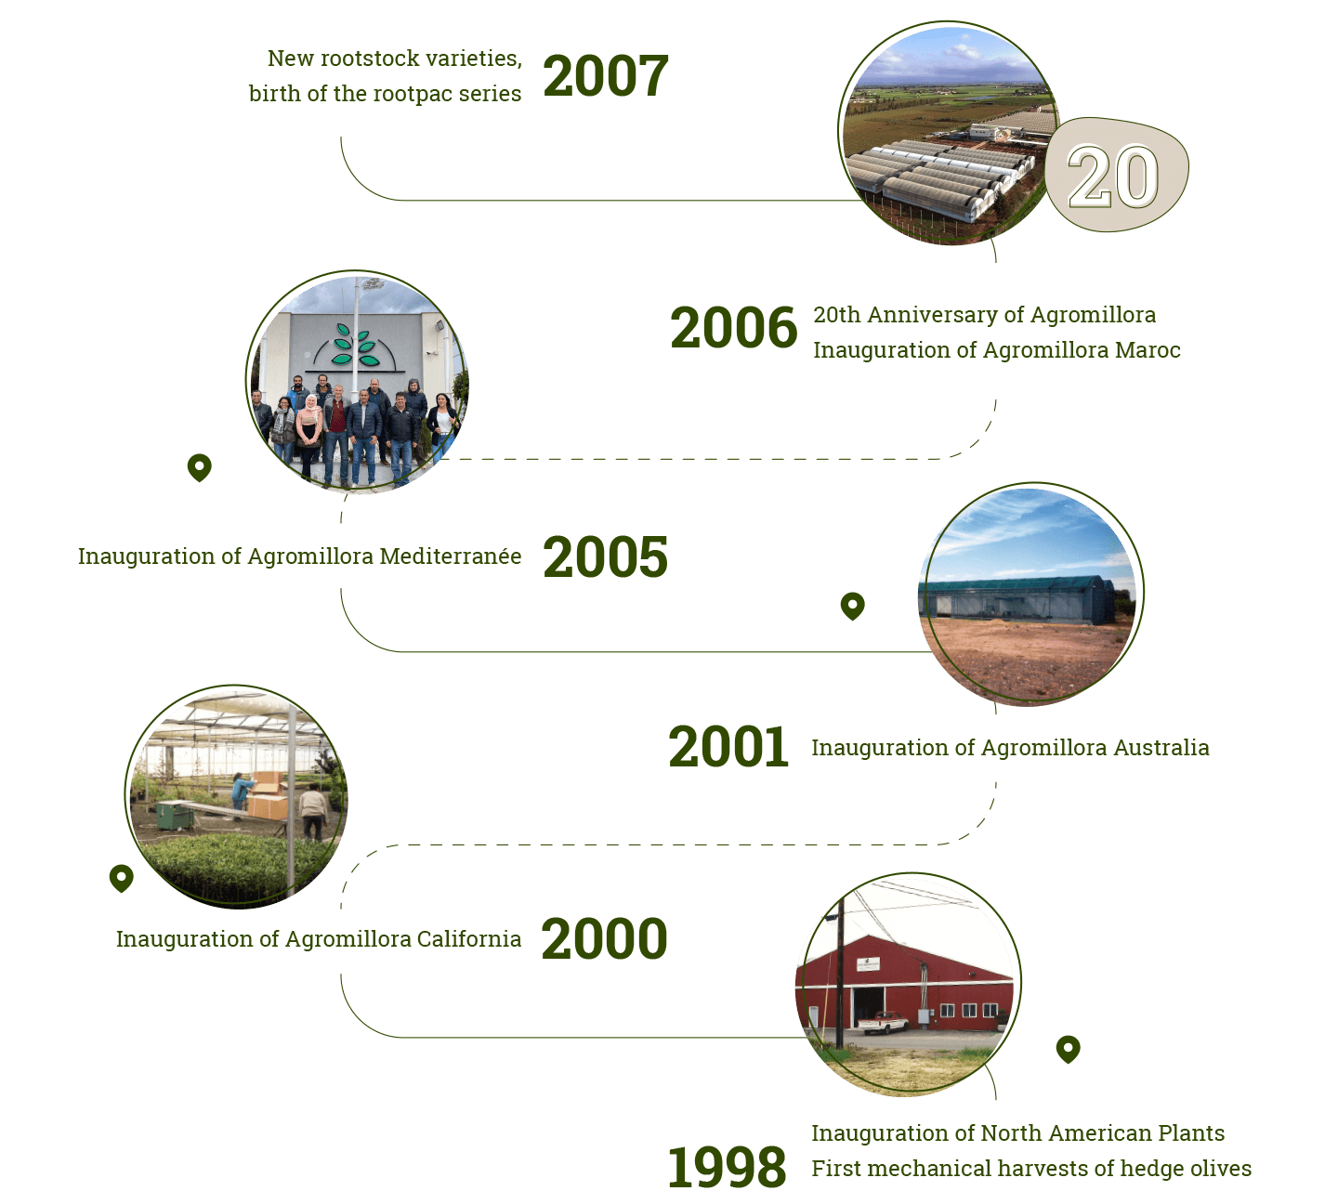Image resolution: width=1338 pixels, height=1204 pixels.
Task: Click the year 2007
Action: pyautogui.click(x=605, y=76)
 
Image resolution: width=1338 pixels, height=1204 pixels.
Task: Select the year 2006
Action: pyautogui.click(x=733, y=328)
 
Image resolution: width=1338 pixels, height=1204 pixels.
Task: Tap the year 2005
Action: pyautogui.click(x=605, y=557)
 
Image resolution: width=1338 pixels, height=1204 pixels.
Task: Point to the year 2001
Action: pyautogui.click(x=728, y=747)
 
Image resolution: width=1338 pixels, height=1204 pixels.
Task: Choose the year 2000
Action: pyautogui.click(x=604, y=939)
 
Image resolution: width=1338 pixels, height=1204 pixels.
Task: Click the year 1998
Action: pyautogui.click(x=727, y=1168)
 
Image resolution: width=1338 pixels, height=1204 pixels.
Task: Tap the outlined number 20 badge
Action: pyautogui.click(x=1116, y=175)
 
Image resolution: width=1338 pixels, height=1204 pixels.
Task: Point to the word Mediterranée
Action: pyautogui.click(x=451, y=556)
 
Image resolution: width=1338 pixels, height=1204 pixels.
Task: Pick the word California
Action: pyautogui.click(x=469, y=939)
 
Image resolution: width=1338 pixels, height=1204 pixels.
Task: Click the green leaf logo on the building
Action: pyautogui.click(x=356, y=345)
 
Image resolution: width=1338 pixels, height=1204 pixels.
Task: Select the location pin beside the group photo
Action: pyautogui.click(x=200, y=467)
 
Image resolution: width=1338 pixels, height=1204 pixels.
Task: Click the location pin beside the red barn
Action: pyautogui.click(x=1068, y=1049)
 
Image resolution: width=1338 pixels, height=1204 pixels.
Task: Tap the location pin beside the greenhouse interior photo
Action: pyautogui.click(x=122, y=879)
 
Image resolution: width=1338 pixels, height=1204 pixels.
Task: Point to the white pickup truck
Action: pyautogui.click(x=883, y=1023)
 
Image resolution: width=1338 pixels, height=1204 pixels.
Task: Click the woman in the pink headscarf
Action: pyautogui.click(x=308, y=434)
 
